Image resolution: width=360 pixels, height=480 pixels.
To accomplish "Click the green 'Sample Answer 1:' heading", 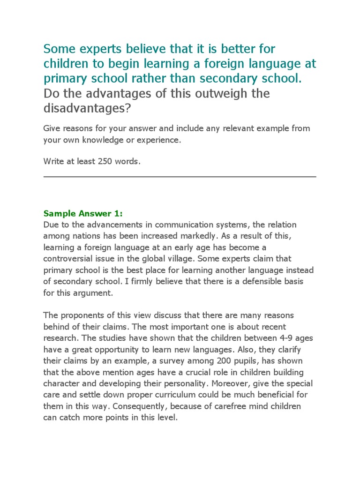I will coord(83,213).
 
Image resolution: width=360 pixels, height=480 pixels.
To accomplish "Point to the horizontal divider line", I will coord(180,177).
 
